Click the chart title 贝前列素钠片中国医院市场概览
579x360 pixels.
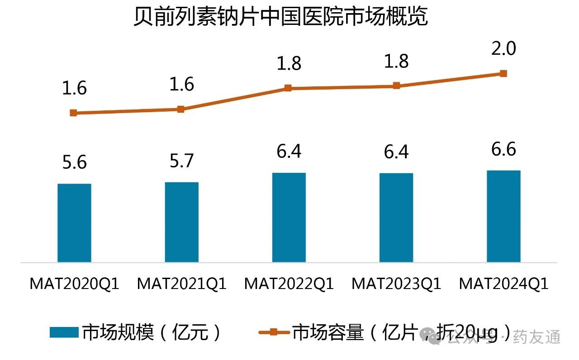(x=280, y=17)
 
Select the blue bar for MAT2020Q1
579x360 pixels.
(x=75, y=223)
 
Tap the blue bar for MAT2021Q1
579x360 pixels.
(x=181, y=222)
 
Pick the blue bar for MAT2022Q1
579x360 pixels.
(x=289, y=217)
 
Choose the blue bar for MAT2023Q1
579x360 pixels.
(x=396, y=218)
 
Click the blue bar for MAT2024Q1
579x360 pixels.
(x=503, y=216)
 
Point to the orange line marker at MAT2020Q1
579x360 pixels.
(x=74, y=113)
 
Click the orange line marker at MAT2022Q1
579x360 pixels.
(x=288, y=88)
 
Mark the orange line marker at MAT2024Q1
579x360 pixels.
(x=503, y=73)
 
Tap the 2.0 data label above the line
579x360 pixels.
(x=504, y=48)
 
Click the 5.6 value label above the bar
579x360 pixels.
(x=75, y=162)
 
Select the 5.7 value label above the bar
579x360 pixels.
(x=182, y=161)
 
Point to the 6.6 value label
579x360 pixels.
(x=504, y=149)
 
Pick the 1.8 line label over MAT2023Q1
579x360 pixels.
(x=397, y=61)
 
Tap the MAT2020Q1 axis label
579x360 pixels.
(x=75, y=284)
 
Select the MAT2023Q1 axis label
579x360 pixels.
(x=396, y=284)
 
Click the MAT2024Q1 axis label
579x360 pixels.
(x=503, y=284)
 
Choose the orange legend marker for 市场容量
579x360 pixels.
(x=273, y=332)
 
